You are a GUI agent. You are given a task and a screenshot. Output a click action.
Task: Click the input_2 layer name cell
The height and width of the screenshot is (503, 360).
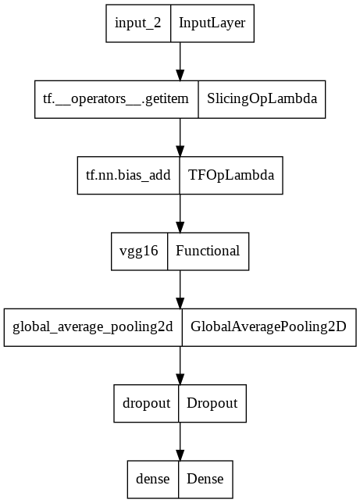coord(138,23)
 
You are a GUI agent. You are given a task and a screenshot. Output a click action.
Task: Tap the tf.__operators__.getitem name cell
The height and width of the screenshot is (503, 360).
coord(116,99)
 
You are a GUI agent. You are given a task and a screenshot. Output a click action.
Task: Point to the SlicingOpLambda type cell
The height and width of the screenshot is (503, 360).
coord(262,99)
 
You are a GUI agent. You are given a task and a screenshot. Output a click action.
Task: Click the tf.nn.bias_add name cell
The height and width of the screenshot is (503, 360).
coord(129,175)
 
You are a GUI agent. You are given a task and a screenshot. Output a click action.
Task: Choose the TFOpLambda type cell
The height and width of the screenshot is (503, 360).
coord(232,175)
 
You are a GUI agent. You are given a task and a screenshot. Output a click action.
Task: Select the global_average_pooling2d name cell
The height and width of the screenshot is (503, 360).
coord(93,327)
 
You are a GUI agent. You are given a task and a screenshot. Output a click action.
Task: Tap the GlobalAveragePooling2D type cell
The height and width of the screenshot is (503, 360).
coord(269,327)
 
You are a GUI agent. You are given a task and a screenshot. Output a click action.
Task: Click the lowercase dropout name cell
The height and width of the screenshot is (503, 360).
coord(146,403)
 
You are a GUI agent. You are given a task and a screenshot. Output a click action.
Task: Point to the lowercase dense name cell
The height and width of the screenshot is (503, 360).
coord(154,479)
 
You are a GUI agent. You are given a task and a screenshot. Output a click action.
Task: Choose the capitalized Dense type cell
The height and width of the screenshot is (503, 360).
coord(206,479)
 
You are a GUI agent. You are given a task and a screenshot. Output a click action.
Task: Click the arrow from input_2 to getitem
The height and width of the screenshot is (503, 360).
coord(180,61)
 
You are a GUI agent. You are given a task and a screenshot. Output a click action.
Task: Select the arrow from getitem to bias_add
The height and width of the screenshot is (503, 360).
coord(180,137)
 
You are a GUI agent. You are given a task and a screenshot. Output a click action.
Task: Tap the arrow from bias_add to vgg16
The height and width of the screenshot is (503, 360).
coord(180,212)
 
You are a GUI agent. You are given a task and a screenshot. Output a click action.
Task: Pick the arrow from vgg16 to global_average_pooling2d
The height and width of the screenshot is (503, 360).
coord(180,289)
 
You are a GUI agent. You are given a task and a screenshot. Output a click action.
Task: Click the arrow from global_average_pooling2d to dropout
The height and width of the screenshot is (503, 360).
coord(180,365)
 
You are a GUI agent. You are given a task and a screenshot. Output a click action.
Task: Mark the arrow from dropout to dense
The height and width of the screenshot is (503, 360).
coord(180,441)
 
